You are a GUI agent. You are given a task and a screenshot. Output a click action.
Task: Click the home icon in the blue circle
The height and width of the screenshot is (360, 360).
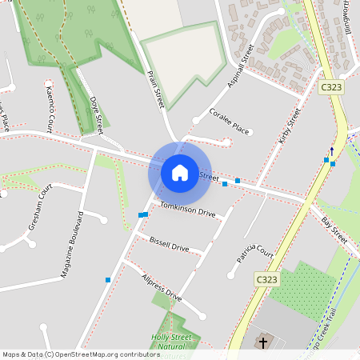click(x=180, y=172)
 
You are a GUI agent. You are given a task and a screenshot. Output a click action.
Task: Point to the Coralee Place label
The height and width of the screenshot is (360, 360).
click(x=229, y=121)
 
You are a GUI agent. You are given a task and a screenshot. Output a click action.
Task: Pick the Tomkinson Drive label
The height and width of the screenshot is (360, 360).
click(x=188, y=210)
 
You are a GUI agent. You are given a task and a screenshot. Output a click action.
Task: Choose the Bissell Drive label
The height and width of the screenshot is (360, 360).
click(x=169, y=244)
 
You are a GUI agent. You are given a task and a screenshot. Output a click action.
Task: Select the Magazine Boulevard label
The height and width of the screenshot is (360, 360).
click(x=72, y=245)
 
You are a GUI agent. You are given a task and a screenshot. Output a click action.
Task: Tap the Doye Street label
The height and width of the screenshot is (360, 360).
click(x=97, y=115)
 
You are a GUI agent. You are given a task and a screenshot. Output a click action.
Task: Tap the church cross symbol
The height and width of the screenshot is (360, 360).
click(x=263, y=342)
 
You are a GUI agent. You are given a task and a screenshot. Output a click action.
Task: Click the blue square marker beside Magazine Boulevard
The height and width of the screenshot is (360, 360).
click(x=107, y=279)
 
